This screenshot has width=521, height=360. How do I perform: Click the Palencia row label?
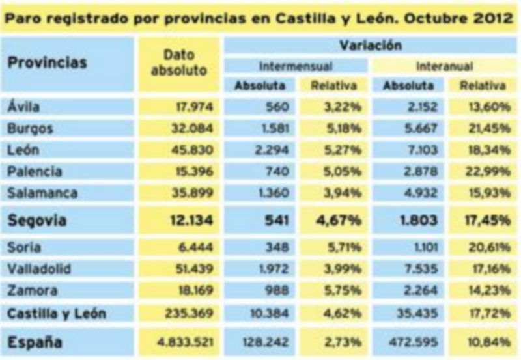click(36, 171)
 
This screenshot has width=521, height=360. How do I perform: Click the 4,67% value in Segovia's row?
click(338, 220)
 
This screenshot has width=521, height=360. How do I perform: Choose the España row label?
click(34, 342)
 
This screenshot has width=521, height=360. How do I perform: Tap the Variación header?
click(370, 46)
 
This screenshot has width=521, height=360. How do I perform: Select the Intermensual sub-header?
click(296, 66)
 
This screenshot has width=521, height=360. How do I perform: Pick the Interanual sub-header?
click(444, 66)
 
